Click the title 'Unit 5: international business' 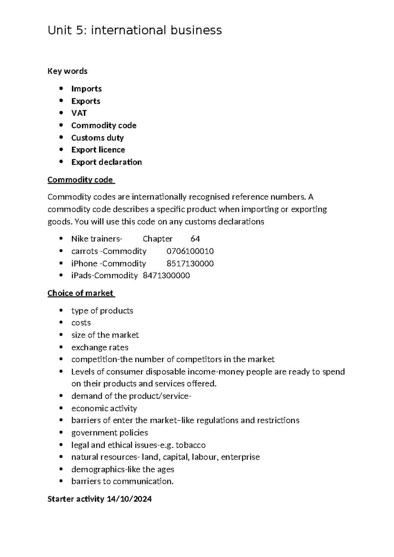(135, 30)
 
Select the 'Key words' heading (67, 71)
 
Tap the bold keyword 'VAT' (79, 113)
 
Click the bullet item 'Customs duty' (97, 138)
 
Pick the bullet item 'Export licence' (98, 150)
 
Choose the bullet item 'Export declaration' (106, 162)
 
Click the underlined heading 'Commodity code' (80, 180)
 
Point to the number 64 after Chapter (195, 239)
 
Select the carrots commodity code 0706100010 (190, 251)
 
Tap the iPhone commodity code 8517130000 (190, 263)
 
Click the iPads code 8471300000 (166, 275)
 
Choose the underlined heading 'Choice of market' (80, 293)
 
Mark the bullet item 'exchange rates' (100, 347)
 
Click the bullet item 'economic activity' (104, 408)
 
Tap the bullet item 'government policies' (109, 433)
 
